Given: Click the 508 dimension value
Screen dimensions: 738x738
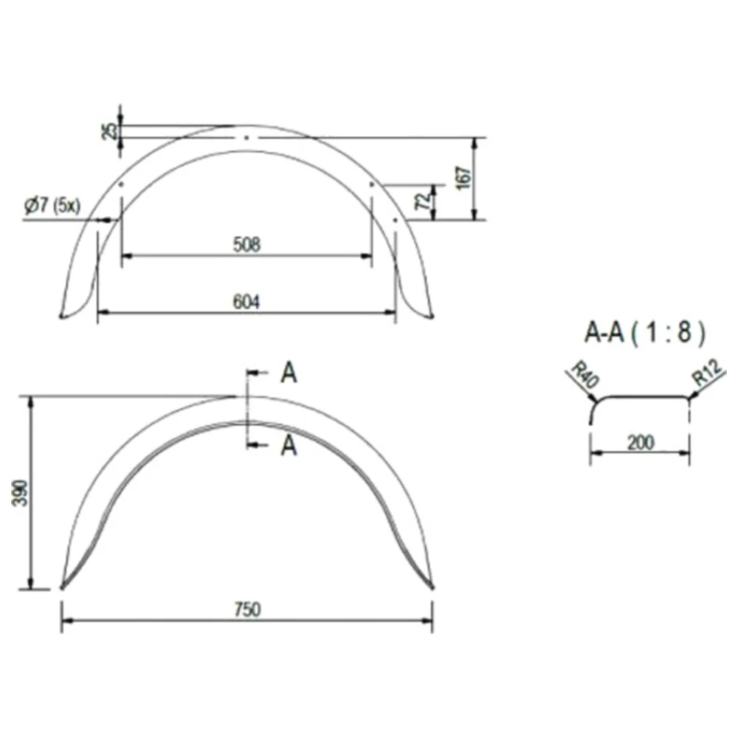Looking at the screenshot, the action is (246, 244).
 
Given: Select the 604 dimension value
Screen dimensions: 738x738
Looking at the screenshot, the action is (246, 302).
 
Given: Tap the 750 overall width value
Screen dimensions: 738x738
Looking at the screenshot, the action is (247, 610).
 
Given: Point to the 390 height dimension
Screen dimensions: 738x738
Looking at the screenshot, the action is (20, 493).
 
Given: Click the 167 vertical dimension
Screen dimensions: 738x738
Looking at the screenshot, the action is (463, 177).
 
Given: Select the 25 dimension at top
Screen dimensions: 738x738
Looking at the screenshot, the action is (109, 131).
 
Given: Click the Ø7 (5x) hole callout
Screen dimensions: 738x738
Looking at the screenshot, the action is (52, 206).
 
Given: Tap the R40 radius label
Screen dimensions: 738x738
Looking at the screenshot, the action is (584, 374).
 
